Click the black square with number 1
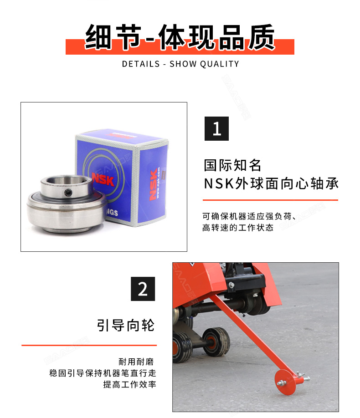tap(216, 128)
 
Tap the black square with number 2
tap(143, 289)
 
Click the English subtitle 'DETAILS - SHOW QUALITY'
tap(180, 64)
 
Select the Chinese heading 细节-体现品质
tap(180, 37)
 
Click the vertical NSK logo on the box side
tap(153, 184)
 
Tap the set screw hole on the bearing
tap(68, 193)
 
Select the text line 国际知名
tap(232, 165)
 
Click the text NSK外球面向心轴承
tap(271, 184)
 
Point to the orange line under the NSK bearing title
tap(270, 200)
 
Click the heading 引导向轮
tap(126, 325)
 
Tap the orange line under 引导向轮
tap(89, 345)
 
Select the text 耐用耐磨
tap(136, 362)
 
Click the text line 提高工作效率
tap(130, 384)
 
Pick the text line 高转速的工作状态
tap(238, 228)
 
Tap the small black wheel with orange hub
tap(215, 342)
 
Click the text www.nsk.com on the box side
tap(159, 183)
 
